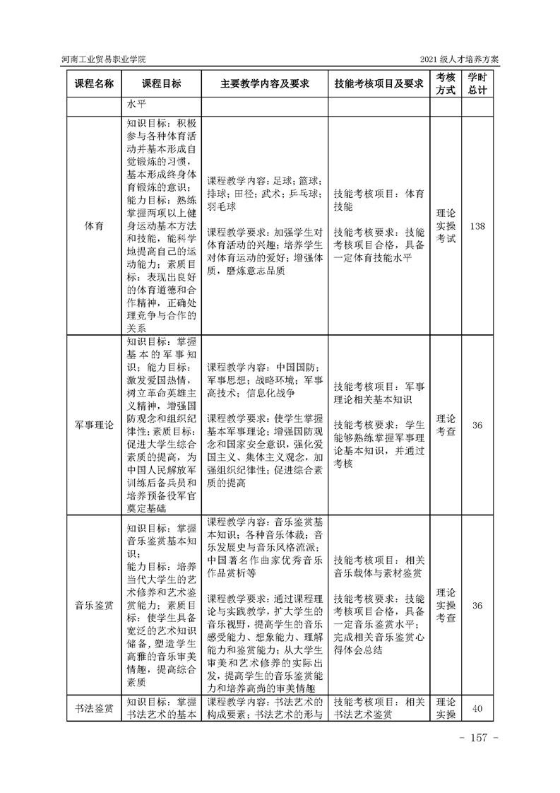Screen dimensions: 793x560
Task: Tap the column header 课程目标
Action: (x=162, y=83)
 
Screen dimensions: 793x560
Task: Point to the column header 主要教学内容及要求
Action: (x=266, y=83)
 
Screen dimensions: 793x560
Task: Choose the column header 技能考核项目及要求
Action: (x=379, y=83)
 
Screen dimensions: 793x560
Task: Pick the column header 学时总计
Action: (x=477, y=83)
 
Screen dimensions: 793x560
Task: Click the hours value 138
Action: (x=477, y=226)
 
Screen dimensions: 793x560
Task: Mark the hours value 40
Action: (x=477, y=708)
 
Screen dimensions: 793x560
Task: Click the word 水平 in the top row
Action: (x=136, y=105)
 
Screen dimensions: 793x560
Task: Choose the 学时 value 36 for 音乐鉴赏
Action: (x=477, y=606)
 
